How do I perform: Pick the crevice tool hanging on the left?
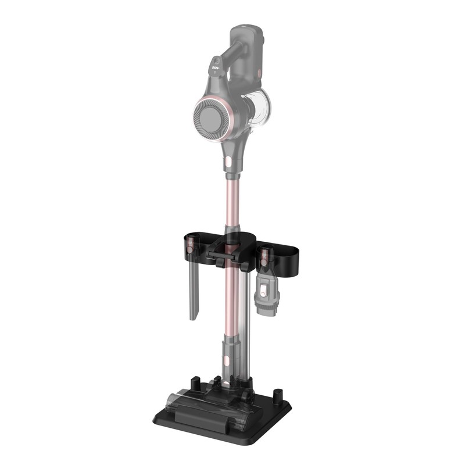point(192,291)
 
